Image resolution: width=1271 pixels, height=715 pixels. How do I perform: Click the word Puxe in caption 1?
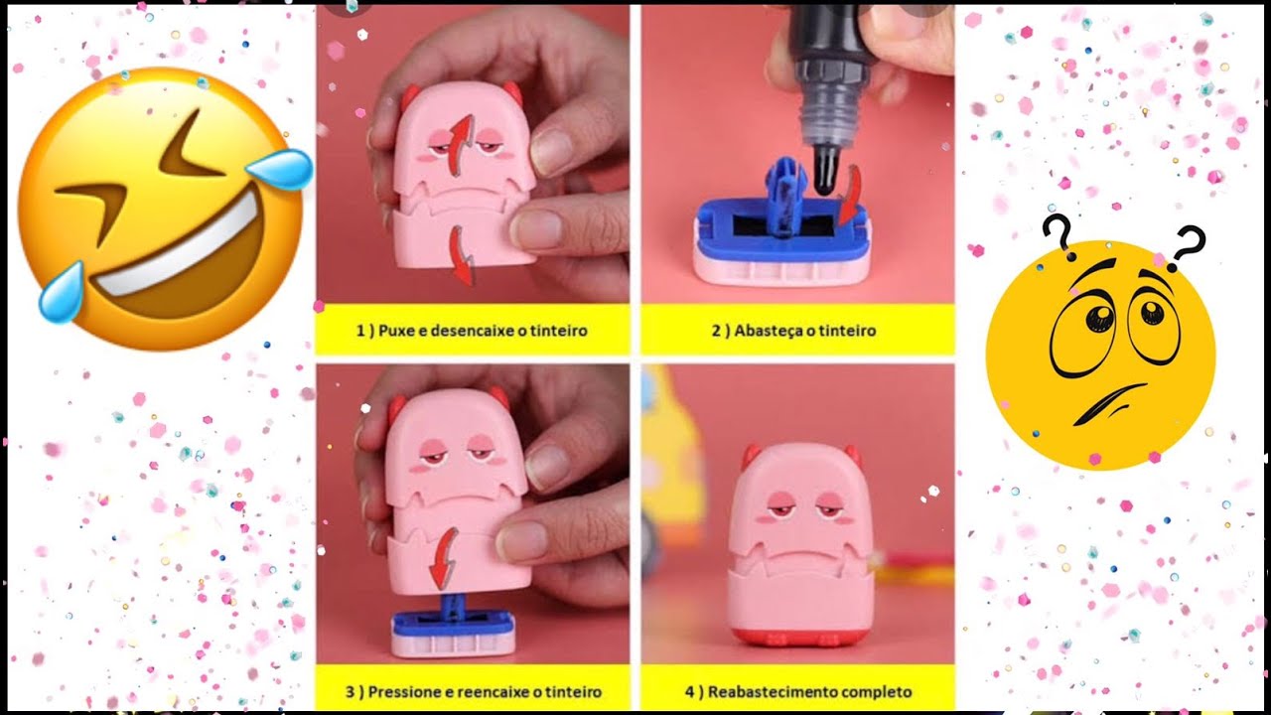pos(396,331)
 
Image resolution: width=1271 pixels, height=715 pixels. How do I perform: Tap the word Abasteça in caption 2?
pos(768,331)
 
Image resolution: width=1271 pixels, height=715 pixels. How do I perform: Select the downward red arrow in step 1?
pos(463,255)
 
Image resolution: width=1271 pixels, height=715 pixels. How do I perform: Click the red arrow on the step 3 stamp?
pos(443,558)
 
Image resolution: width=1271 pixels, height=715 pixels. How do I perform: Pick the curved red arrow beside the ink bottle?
pos(850,195)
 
